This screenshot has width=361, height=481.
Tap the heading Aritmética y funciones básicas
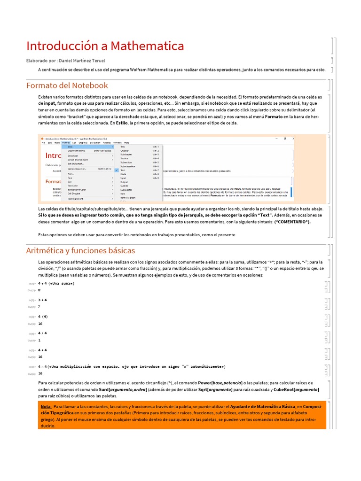click(x=80, y=250)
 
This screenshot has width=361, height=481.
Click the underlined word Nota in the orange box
click(x=46, y=406)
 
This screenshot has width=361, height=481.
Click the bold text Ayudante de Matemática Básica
click(x=262, y=406)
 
